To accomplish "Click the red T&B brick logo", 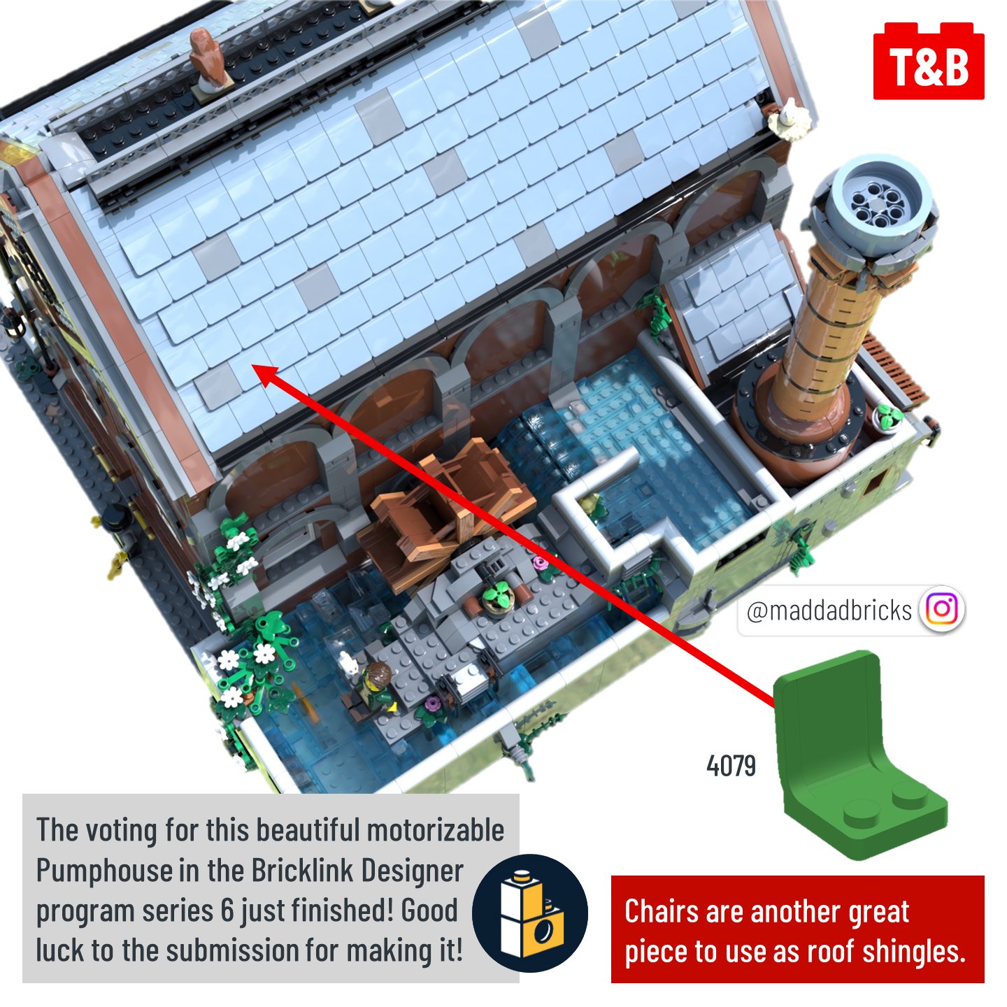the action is coord(929,61).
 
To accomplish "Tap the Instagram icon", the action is coord(942,608).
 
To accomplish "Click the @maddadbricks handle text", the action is coord(829,609).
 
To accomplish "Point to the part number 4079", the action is coord(731,766).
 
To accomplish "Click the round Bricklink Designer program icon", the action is coord(530,913).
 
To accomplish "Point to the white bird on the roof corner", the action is coord(790,121).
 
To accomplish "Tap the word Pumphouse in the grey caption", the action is coord(101,871).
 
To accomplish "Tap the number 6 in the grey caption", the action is coord(227,910).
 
